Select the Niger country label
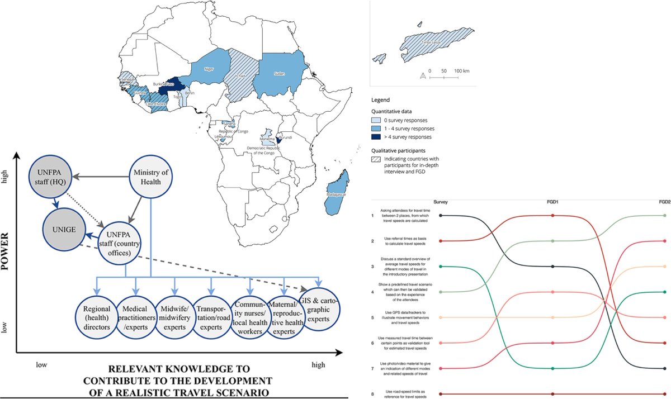(x=209, y=70)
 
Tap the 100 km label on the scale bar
(x=461, y=72)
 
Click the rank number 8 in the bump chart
(x=373, y=394)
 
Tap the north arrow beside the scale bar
(x=423, y=75)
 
